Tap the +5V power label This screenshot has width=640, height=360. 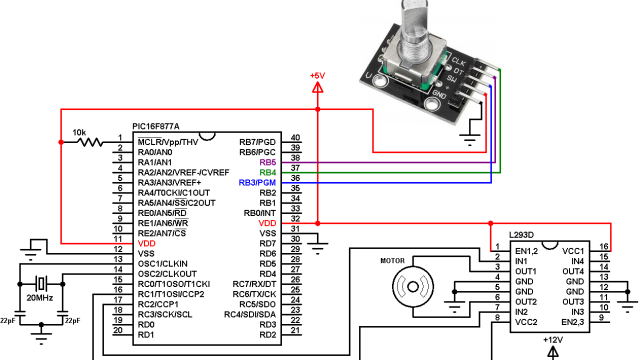(318, 76)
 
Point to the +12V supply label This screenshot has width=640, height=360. (553, 340)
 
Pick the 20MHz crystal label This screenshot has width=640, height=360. (40, 298)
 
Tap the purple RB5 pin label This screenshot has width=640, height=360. (267, 162)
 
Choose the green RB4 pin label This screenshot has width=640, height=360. (267, 172)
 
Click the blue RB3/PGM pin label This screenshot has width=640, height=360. (257, 183)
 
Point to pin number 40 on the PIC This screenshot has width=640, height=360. (295, 138)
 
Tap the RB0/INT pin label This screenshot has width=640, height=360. (259, 213)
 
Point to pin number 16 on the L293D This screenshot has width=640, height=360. (604, 246)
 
